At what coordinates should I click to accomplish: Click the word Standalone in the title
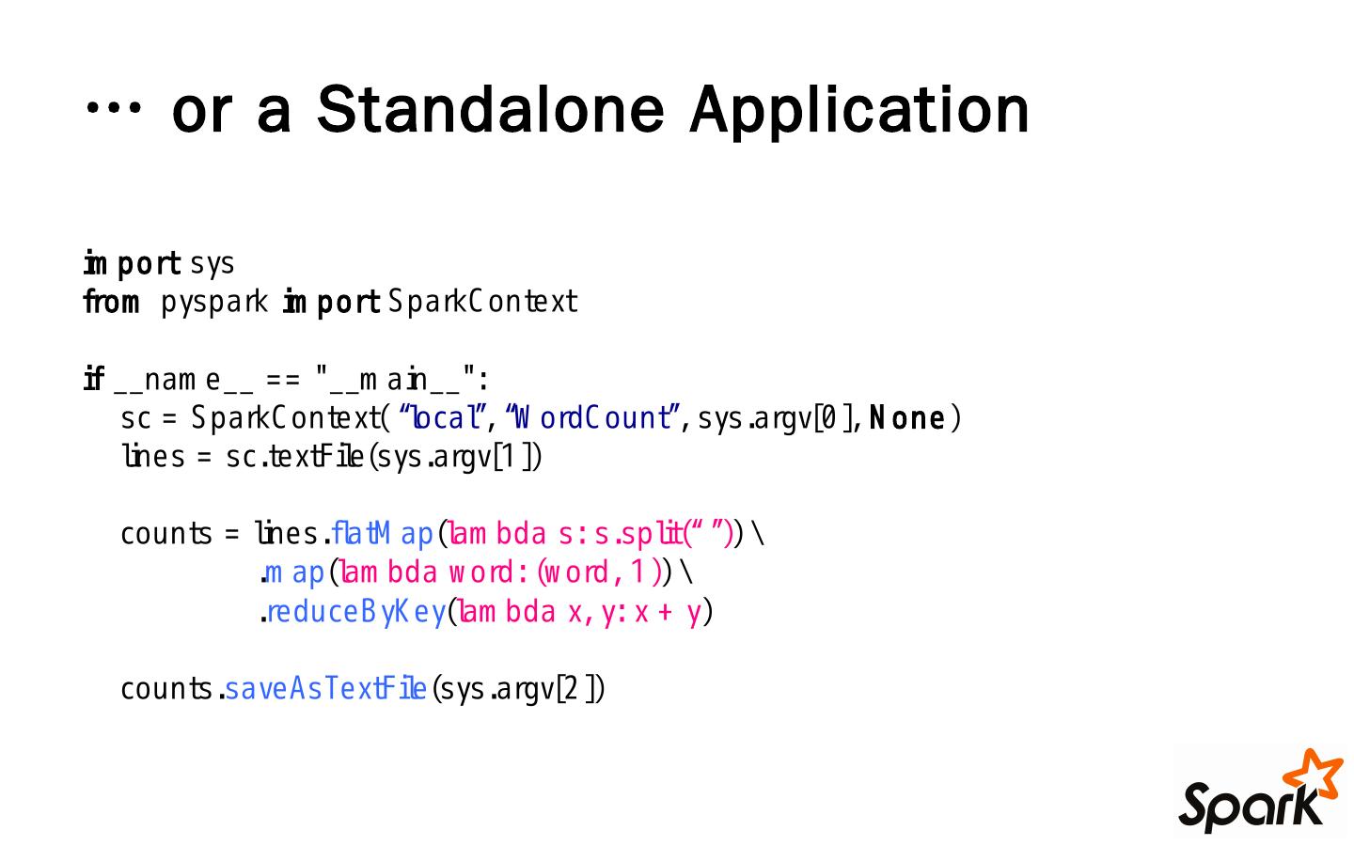click(x=490, y=109)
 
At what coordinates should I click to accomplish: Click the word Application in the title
click(x=859, y=111)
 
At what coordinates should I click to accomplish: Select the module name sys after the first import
click(x=212, y=264)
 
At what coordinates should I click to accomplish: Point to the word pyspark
click(x=214, y=304)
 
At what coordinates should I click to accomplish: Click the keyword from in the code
click(x=111, y=303)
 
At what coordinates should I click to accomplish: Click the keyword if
click(x=93, y=380)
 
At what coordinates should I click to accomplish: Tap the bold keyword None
click(x=906, y=417)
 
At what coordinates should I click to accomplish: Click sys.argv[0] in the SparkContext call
click(x=777, y=418)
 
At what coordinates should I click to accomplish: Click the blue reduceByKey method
click(x=356, y=612)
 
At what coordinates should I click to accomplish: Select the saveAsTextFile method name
click(x=325, y=689)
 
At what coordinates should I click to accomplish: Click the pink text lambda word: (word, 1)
click(x=498, y=572)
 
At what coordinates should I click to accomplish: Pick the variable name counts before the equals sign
click(x=166, y=534)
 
